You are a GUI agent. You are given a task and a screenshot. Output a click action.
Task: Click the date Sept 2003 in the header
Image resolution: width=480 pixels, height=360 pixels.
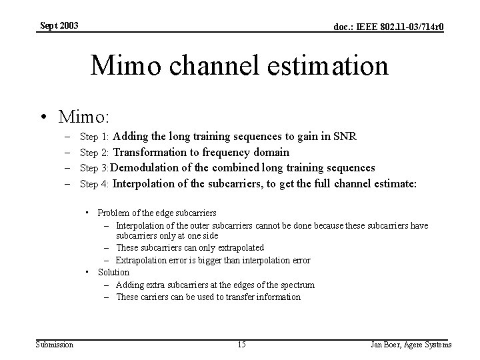coord(59,25)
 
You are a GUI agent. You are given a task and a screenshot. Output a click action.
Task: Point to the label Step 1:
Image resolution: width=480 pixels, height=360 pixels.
coord(94,137)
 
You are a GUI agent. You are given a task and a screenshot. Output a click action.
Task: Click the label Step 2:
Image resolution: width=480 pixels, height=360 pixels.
coord(94,153)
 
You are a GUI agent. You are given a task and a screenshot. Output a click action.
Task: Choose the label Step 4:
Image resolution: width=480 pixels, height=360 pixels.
coord(94,183)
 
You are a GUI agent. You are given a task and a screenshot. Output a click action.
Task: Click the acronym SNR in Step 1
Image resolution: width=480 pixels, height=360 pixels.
coord(344,137)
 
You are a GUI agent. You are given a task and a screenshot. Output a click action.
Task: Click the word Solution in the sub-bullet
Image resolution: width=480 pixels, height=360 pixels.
coord(113,272)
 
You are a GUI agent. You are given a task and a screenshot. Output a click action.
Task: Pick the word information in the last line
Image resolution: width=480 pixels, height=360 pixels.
coord(279,297)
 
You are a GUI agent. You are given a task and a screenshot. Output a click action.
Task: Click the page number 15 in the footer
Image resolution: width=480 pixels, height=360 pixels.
coord(241,344)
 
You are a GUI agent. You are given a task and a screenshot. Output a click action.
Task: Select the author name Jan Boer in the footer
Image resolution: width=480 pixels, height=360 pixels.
coord(386,345)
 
